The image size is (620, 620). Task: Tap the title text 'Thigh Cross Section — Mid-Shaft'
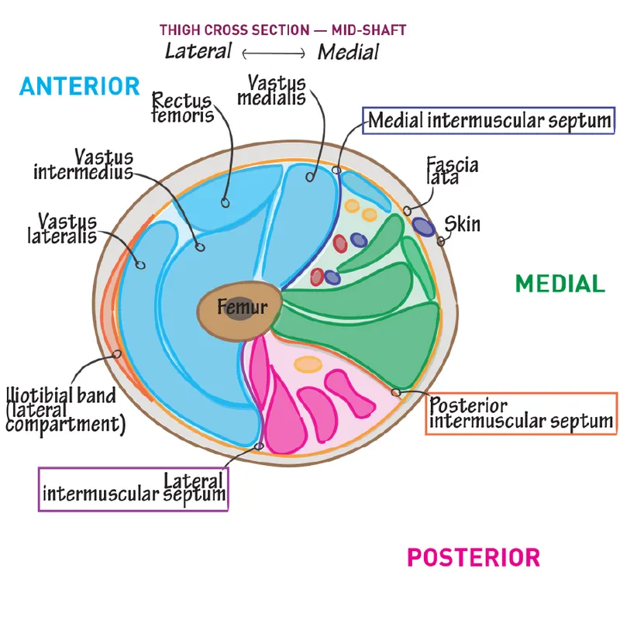[283, 30]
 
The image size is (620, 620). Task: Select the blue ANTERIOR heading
[80, 85]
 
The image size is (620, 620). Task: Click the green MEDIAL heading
[560, 284]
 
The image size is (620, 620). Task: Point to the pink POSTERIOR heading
[474, 556]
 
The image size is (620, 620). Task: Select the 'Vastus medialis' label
[277, 90]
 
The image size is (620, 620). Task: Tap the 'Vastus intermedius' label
[83, 164]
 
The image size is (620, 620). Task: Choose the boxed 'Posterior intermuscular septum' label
[521, 414]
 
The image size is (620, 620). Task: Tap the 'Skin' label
[462, 225]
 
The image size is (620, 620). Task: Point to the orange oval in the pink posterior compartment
[308, 364]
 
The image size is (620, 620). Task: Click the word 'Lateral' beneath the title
[198, 51]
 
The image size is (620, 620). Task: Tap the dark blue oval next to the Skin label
[423, 226]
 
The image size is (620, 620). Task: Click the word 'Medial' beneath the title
[348, 52]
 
